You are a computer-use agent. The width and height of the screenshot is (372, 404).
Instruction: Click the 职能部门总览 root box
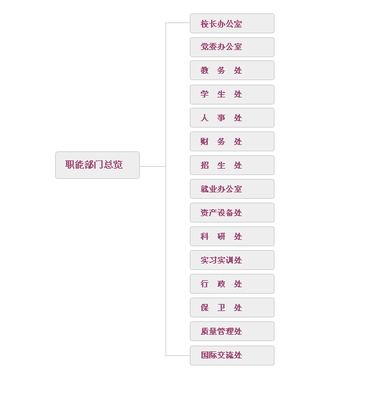point(97,165)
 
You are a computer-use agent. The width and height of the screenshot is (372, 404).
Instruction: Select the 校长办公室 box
point(232,24)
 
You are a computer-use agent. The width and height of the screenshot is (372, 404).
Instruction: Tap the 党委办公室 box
point(232,47)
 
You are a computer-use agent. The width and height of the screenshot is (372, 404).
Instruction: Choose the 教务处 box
point(232,71)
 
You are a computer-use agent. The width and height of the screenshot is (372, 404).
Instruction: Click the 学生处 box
point(232,94)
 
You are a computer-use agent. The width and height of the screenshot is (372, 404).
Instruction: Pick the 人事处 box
point(232,118)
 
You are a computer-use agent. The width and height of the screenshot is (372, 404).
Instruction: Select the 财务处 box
point(232,142)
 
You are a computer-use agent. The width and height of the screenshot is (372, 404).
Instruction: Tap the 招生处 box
point(232,165)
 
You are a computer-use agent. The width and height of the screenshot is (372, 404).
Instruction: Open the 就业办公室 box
point(232,189)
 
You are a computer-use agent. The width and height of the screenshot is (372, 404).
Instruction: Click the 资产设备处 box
point(232,212)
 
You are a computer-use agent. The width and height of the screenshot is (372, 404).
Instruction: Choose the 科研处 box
point(232,236)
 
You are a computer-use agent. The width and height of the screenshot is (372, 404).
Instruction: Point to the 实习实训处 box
point(232,260)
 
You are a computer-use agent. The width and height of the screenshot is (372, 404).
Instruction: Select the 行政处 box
point(232,283)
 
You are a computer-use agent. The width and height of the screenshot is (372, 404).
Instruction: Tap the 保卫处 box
point(232,307)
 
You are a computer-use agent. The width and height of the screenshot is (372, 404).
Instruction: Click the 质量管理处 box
point(232,331)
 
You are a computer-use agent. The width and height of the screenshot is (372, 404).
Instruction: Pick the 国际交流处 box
point(232,355)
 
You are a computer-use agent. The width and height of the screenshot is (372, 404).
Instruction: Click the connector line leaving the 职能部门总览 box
point(153,166)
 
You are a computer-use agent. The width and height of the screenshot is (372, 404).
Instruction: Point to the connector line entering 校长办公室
point(178,22)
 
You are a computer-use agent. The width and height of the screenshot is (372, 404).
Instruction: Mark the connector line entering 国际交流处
point(178,355)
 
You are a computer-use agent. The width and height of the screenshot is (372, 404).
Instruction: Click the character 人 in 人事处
point(205,118)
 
